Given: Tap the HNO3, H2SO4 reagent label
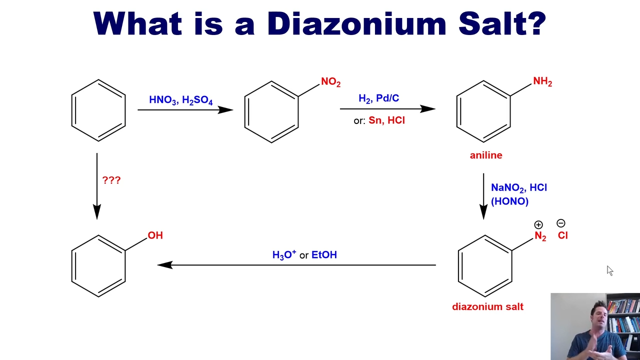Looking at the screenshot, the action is (x=181, y=100).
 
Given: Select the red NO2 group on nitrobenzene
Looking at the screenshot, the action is (x=331, y=82).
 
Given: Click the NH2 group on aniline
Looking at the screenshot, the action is (x=542, y=81).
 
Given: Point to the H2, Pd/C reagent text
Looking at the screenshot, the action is (x=379, y=98).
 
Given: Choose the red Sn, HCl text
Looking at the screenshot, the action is (x=386, y=120).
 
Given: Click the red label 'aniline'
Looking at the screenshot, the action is (x=486, y=155).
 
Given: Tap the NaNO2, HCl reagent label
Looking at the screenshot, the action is (x=519, y=187).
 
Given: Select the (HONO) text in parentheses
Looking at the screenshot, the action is (x=509, y=201).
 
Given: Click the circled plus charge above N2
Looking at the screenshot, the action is (x=538, y=225).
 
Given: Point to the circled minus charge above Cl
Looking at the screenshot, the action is (x=561, y=223).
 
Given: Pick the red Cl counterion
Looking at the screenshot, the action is (x=562, y=235).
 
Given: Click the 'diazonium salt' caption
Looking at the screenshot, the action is (x=487, y=306).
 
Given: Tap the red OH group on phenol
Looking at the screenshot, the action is (x=155, y=235).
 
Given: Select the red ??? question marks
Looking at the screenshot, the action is (x=111, y=180).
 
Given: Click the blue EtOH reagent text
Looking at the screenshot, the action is (x=324, y=254).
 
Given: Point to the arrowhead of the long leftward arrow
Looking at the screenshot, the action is (x=158, y=265).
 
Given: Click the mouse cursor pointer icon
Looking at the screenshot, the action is (x=609, y=270).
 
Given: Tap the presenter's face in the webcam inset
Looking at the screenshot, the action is (x=600, y=319).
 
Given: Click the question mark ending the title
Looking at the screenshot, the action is (x=536, y=23).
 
